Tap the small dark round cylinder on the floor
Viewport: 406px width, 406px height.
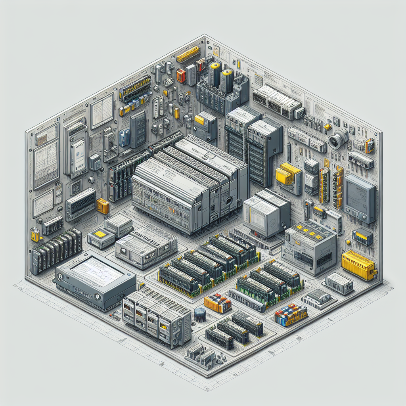coord(199,315)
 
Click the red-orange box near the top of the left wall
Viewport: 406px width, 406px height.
coord(181,75)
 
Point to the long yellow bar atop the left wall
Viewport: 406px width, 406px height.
coord(188,54)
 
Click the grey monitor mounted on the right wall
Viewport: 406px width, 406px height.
coord(360,198)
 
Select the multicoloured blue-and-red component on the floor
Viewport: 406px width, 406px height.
coord(291,314)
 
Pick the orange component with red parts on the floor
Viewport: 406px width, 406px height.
coord(218,303)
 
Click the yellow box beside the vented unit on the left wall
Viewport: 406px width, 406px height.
coord(103,205)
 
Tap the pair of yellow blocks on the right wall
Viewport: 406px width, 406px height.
coord(288,173)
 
